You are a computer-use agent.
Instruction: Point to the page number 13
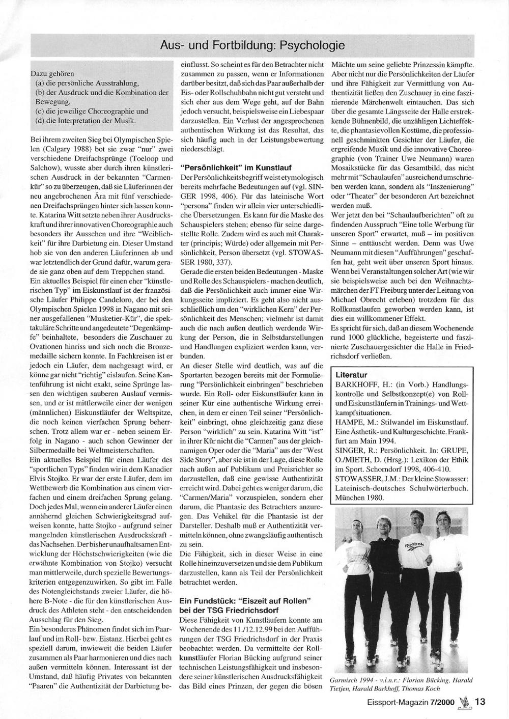[480, 701]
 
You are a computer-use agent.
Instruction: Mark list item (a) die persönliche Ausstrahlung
[87, 83]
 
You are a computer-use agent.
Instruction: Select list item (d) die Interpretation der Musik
[86, 120]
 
